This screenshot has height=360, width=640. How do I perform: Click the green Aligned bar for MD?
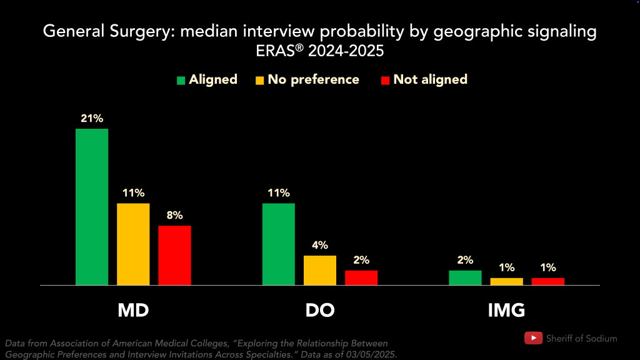(x=92, y=207)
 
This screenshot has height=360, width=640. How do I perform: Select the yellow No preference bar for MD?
(x=133, y=244)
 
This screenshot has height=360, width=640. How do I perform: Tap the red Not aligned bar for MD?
(x=174, y=255)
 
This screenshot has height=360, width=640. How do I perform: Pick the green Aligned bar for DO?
(x=279, y=244)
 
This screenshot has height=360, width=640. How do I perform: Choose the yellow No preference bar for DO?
(x=320, y=270)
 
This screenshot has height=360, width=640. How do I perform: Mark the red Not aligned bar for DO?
(x=361, y=277)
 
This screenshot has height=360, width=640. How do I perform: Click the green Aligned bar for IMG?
(x=465, y=277)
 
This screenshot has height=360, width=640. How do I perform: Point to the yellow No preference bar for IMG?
(x=506, y=281)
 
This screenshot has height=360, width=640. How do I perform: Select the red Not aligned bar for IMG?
(x=548, y=281)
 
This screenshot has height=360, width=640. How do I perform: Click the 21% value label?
(x=91, y=118)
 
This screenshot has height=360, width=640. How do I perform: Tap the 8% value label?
(x=174, y=215)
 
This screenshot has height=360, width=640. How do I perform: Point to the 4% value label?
(x=320, y=245)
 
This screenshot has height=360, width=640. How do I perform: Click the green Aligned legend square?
(x=181, y=80)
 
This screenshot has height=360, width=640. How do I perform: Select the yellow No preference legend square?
(x=260, y=80)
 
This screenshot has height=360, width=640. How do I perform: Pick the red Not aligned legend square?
(x=386, y=80)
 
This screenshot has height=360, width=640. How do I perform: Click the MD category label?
(x=133, y=310)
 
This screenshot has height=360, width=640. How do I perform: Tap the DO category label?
(x=320, y=310)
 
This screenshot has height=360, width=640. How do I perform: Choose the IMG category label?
(x=506, y=310)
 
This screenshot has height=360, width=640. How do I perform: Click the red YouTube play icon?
(x=533, y=338)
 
